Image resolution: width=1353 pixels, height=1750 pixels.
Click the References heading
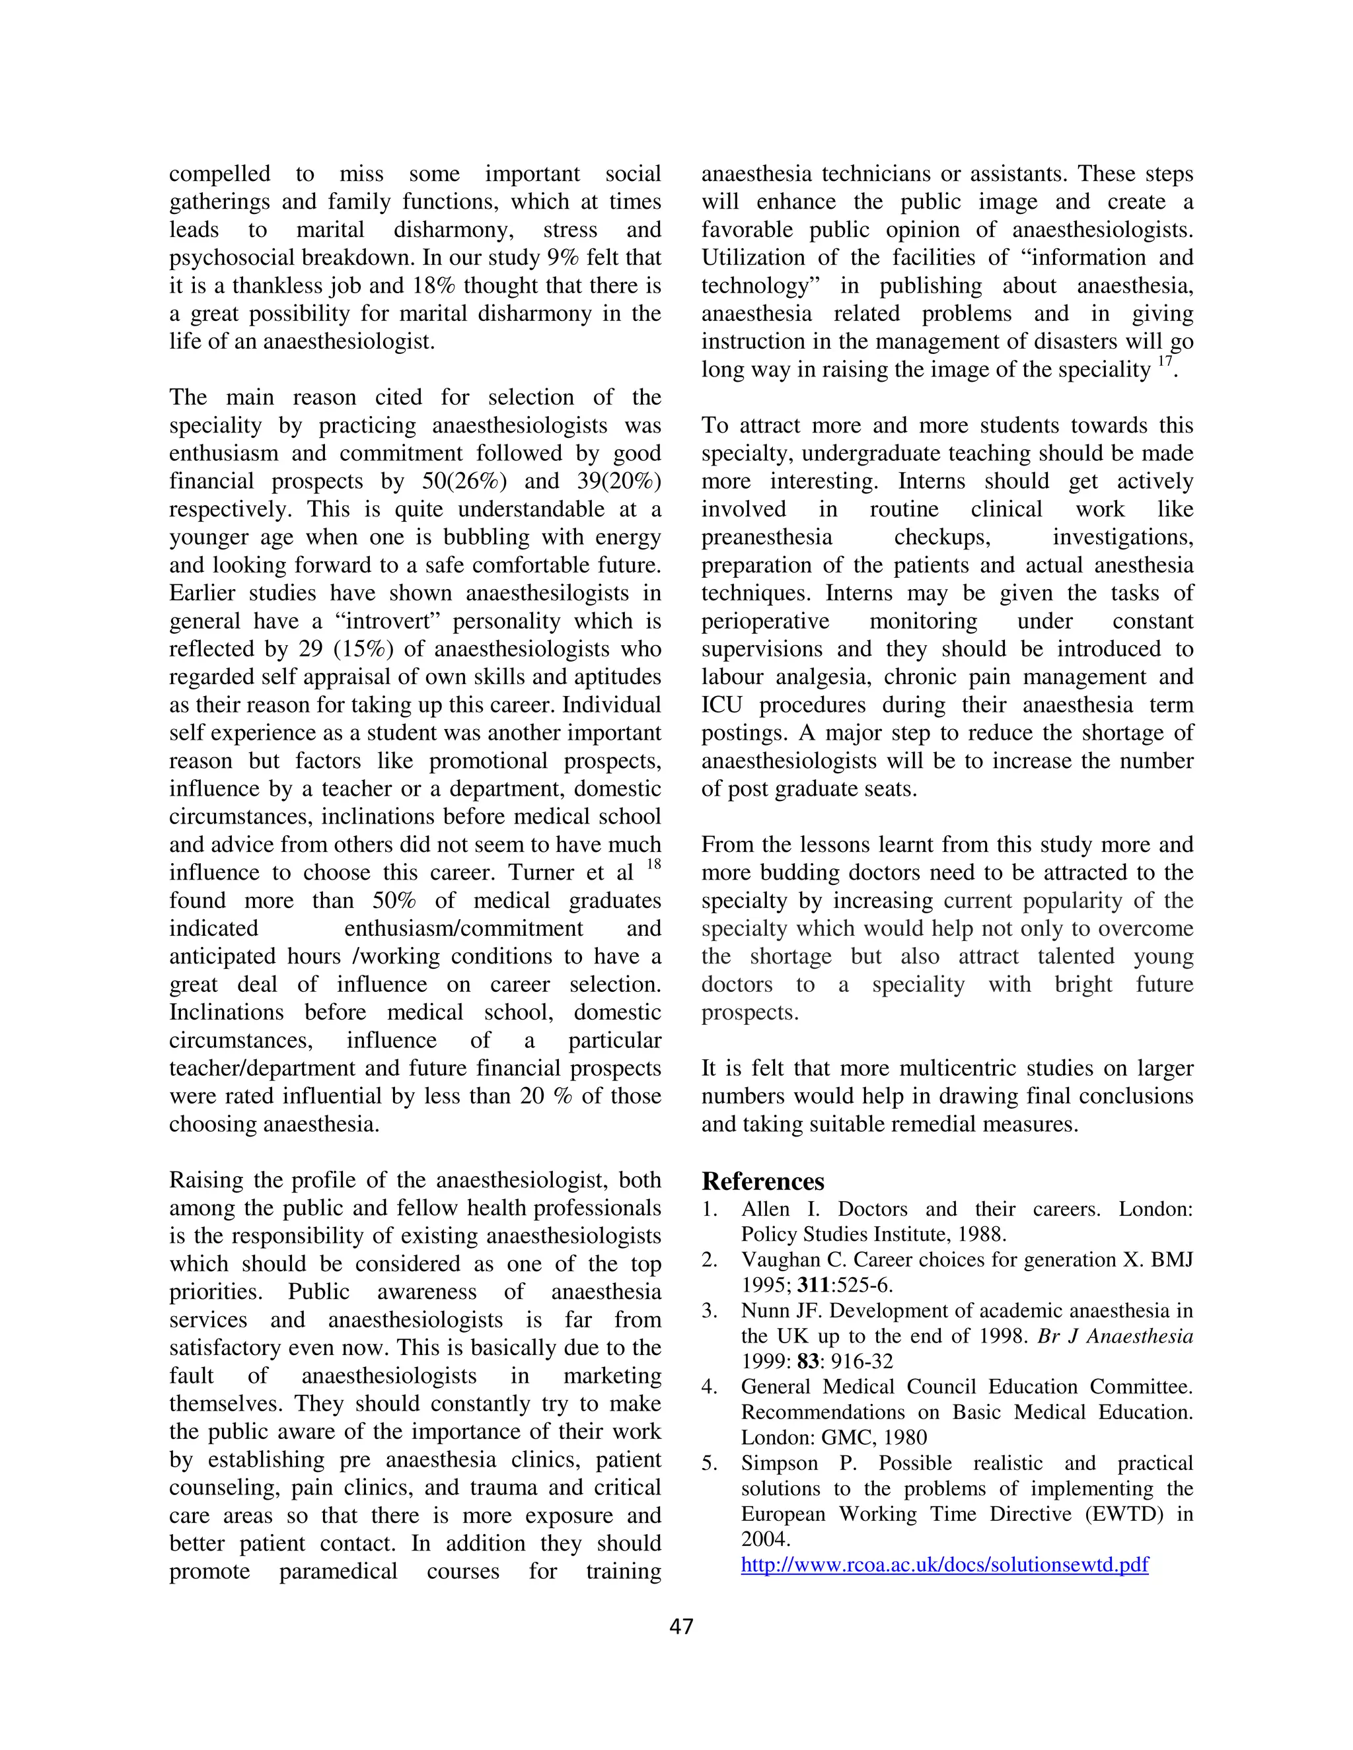[762, 1182]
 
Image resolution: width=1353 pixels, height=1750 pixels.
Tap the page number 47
[680, 1626]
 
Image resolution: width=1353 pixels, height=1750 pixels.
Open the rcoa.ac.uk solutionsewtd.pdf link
[944, 1565]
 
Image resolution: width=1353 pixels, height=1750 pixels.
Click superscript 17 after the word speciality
[1165, 361]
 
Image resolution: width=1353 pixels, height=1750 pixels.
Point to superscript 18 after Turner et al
[653, 864]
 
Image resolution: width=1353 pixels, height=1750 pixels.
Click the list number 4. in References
[710, 1387]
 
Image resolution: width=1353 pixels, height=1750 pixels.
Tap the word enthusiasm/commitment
[463, 928]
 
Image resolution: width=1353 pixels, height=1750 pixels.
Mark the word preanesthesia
[766, 538]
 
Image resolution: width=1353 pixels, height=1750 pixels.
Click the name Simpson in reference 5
[779, 1463]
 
